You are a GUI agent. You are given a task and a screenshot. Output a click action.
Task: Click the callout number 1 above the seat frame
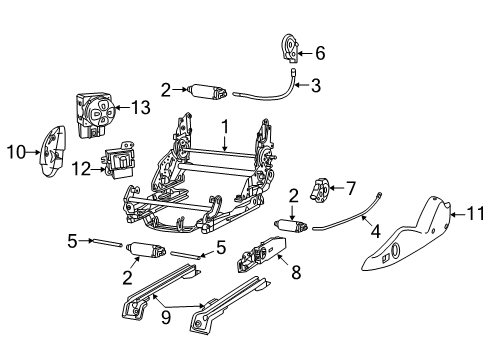225,127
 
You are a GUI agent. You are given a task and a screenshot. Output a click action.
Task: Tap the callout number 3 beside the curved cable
315,86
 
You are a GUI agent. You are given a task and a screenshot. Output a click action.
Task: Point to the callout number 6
320,52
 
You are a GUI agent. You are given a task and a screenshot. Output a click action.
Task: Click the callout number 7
350,187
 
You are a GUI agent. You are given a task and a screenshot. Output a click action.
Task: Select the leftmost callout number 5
70,240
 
